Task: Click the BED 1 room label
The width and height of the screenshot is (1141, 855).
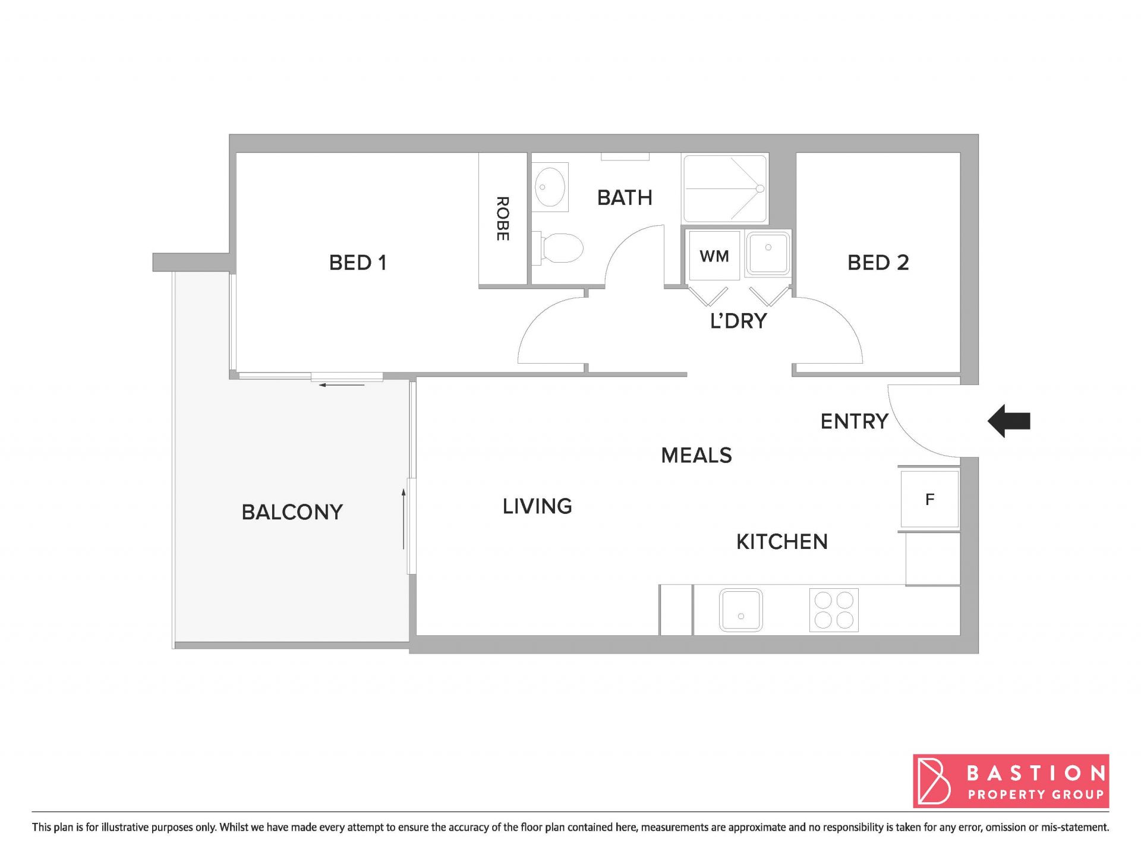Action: [x=358, y=263]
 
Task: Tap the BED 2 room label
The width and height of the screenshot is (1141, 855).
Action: [x=878, y=263]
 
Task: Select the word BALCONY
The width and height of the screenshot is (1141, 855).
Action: [x=292, y=512]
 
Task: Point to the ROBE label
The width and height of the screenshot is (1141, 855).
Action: [x=502, y=219]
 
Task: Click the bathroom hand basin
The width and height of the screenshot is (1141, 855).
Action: [x=550, y=187]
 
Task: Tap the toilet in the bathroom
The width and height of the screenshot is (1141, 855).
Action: [x=558, y=248]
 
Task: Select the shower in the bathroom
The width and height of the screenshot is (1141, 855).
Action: [x=725, y=188]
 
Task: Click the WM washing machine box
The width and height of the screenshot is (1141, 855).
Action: [x=714, y=255]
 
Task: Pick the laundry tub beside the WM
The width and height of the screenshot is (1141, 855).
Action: [x=768, y=253]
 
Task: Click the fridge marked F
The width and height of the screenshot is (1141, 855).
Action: [x=929, y=499]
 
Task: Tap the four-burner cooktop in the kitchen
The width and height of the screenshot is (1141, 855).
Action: [x=834, y=610]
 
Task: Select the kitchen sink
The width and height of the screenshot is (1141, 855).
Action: [x=740, y=610]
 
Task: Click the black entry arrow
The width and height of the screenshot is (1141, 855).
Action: [x=1008, y=421]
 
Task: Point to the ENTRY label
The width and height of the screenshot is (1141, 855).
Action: [x=854, y=421]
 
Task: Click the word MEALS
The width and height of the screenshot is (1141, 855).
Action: [x=696, y=456]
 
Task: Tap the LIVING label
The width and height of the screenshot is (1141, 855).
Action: [x=537, y=506]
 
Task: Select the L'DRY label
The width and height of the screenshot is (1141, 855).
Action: [x=739, y=321]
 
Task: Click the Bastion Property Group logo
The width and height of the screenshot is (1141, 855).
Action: [x=1011, y=781]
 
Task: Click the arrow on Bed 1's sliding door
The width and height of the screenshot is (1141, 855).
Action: [x=342, y=385]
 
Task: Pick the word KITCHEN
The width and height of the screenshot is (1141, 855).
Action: [x=781, y=542]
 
